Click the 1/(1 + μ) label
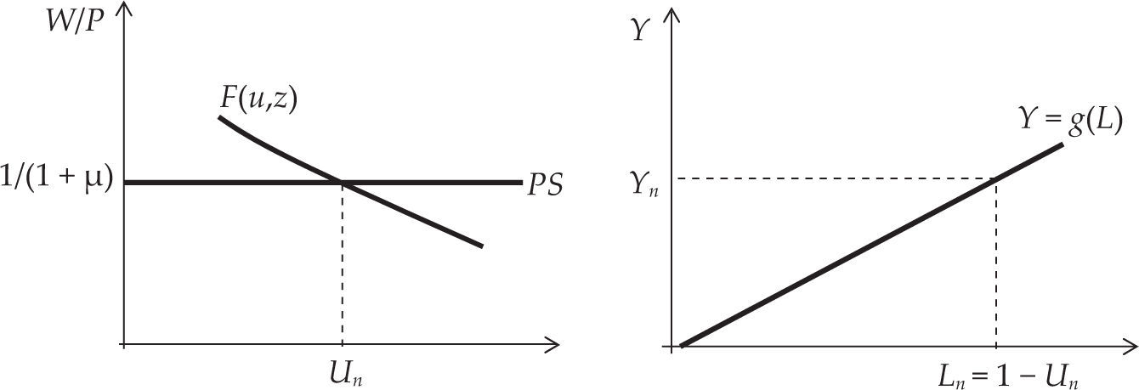pyautogui.click(x=57, y=182)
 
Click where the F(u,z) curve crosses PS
pyautogui.click(x=342, y=182)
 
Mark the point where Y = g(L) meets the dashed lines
pyautogui.click(x=995, y=178)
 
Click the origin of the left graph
pyautogui.click(x=125, y=344)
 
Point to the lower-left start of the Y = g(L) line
pyautogui.click(x=683, y=345)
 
